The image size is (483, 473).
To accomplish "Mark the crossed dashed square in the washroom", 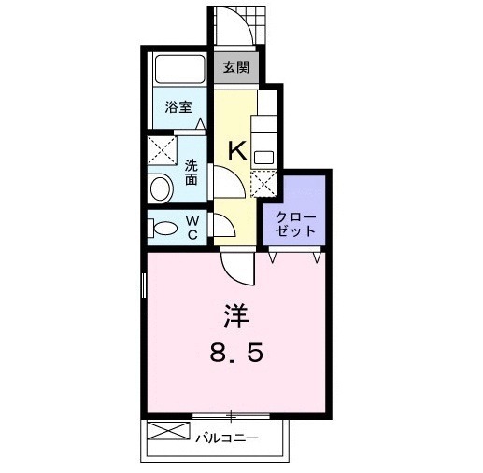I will tap(163, 151).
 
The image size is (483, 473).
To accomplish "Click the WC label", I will tap(191, 227).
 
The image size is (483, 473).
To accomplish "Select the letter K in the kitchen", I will tap(237, 148).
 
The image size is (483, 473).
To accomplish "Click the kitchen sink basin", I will tap(264, 156).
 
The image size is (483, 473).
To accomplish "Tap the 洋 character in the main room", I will tap(235, 317).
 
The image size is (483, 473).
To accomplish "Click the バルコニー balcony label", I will tap(226, 435).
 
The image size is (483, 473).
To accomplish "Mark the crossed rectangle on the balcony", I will tap(168, 433).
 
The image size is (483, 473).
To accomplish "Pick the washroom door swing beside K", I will tap(227, 182).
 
